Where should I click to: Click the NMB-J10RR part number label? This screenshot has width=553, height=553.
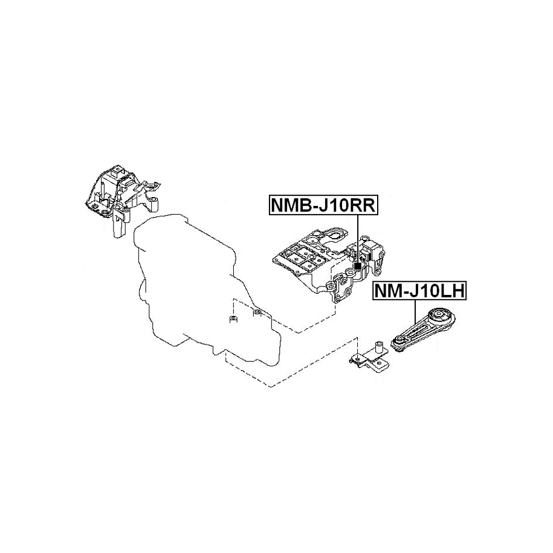pos(323,204)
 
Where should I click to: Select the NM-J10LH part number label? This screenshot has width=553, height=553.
pos(419,291)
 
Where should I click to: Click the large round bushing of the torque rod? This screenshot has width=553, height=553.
pos(440,317)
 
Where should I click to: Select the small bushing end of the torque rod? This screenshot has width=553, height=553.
pos(400,343)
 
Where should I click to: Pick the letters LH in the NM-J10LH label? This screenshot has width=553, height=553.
pos(453,291)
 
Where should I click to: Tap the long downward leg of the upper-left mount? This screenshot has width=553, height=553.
pos(118,224)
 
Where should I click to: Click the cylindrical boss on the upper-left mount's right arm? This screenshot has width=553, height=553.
pos(154,204)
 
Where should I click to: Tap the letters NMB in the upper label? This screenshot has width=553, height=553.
pos(290,205)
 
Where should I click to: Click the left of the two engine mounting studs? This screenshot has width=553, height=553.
pos(233,319)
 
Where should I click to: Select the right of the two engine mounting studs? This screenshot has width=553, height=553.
pos(257,313)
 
